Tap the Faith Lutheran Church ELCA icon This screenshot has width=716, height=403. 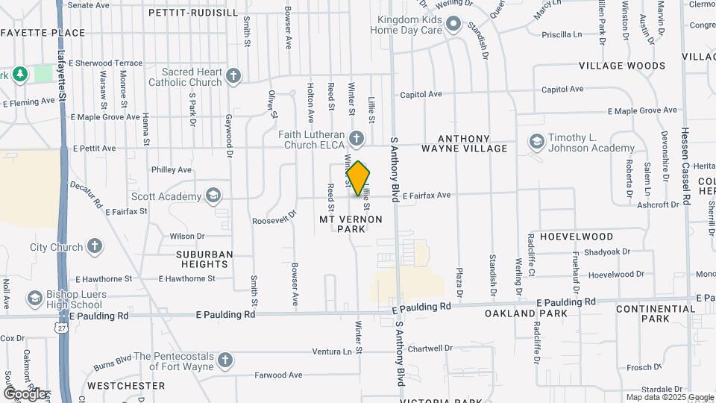(x=357, y=138)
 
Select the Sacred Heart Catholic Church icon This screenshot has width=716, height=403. (x=233, y=75)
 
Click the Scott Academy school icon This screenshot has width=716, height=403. (x=213, y=196)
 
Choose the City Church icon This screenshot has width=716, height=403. (x=95, y=246)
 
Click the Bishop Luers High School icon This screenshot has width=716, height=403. (x=34, y=299)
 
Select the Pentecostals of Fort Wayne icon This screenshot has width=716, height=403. (x=224, y=361)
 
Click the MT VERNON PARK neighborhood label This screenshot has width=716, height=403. (x=351, y=224)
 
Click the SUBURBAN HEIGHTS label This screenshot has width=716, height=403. (x=204, y=259)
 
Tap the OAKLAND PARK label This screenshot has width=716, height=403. (x=526, y=313)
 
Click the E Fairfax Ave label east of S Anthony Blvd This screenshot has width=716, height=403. (x=427, y=196)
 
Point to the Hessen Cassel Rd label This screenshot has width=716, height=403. (x=686, y=160)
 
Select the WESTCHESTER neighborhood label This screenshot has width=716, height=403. (x=126, y=386)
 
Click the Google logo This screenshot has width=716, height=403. (x=25, y=393)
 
